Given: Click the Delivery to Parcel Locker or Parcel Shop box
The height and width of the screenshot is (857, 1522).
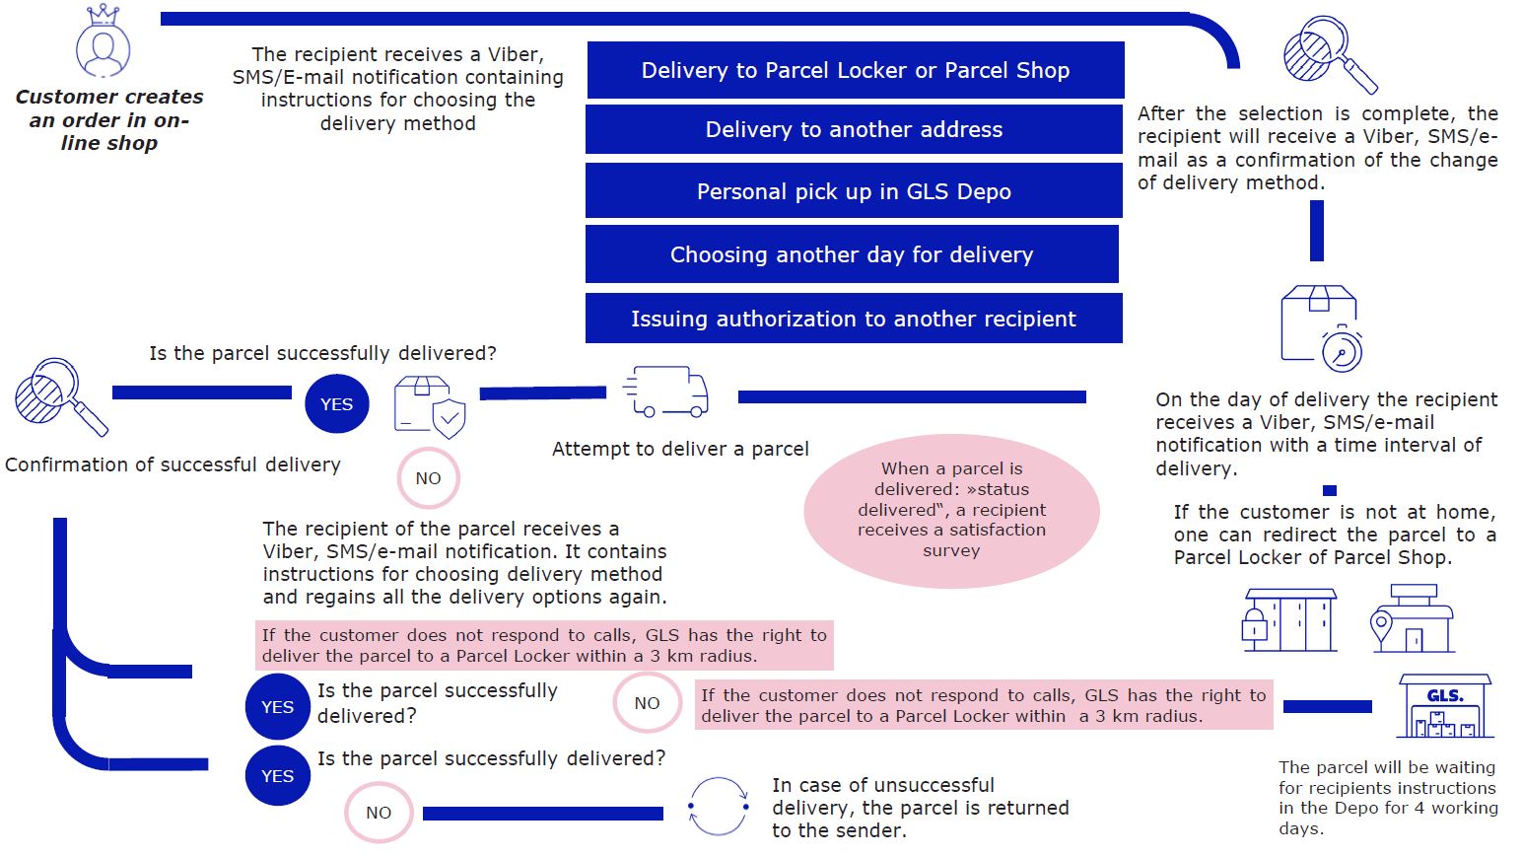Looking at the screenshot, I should tap(856, 70).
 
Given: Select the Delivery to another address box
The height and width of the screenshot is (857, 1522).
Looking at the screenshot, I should tap(854, 129).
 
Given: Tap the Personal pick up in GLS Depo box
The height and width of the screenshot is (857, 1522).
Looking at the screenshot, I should tap(854, 191).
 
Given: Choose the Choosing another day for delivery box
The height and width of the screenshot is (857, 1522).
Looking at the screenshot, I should tap(852, 254).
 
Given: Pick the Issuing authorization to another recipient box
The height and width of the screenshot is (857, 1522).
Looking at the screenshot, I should tap(854, 319).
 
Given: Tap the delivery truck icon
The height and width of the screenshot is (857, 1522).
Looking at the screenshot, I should tap(666, 393).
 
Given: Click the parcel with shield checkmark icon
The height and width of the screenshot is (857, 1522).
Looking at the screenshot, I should tap(430, 406).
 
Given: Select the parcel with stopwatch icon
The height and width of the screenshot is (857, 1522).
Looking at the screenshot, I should tap(1321, 328).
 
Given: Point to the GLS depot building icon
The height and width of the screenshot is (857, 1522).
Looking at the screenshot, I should tap(1445, 706).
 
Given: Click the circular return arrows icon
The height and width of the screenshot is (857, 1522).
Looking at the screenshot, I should tap(719, 807).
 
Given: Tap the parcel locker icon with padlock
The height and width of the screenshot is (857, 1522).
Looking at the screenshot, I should tap(1288, 619).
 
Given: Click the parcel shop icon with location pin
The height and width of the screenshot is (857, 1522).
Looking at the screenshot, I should tap(1413, 619).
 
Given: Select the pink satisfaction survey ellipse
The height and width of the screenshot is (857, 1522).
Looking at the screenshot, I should tap(951, 510).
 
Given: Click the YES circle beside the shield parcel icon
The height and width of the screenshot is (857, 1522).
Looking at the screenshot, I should tap(336, 404).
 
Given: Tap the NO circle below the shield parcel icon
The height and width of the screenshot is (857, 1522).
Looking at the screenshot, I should tap(428, 478).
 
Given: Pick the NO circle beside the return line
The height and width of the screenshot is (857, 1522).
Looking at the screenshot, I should tap(379, 813).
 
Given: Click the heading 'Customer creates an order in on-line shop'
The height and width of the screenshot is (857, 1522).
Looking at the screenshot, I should tap(109, 120).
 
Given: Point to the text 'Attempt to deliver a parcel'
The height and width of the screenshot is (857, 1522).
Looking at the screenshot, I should tap(680, 449).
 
